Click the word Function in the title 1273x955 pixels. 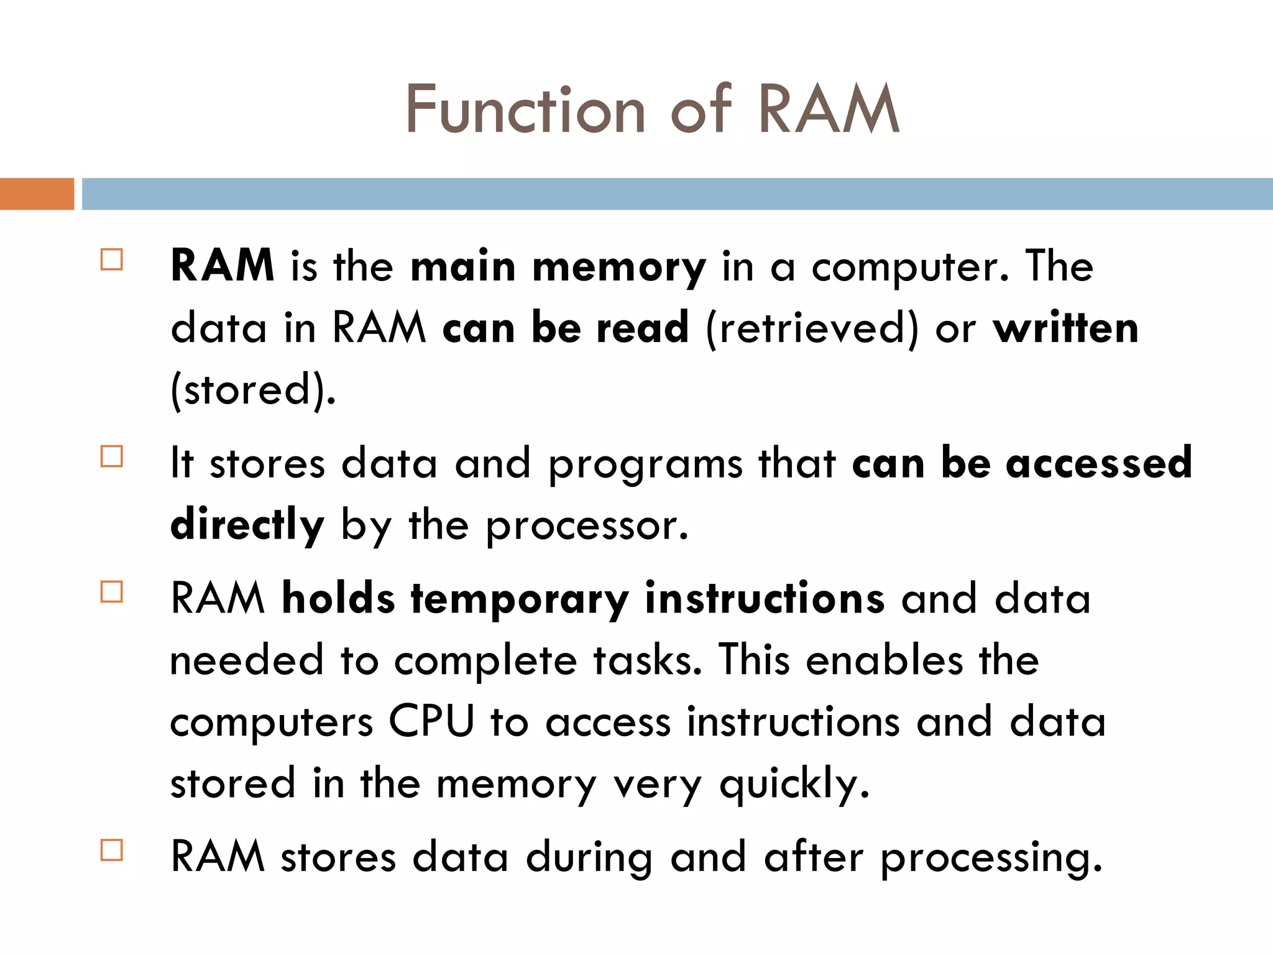coord(526,110)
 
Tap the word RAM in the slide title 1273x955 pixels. coord(829,110)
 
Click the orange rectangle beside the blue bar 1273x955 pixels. coord(37,194)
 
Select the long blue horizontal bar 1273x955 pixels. coord(676,194)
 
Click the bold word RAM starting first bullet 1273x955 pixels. coord(222,265)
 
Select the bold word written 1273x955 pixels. coord(1065,328)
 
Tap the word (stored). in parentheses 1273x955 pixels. coord(253,390)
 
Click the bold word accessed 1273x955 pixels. coord(1099,463)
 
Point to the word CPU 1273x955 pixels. coord(431,722)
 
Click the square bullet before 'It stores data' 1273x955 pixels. coord(112,456)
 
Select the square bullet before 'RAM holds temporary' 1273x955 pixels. coord(112,592)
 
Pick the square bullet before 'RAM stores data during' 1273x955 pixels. coord(112,850)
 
